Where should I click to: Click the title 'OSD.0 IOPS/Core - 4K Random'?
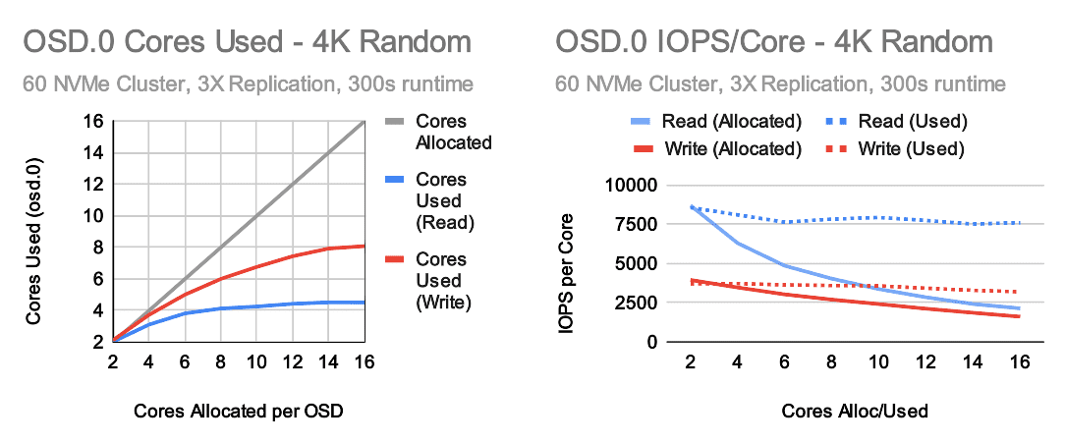[774, 43]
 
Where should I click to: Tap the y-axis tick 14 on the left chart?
[93, 153]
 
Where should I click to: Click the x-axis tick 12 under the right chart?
[925, 361]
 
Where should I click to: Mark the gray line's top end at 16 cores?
[365, 121]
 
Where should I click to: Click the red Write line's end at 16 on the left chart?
[365, 246]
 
